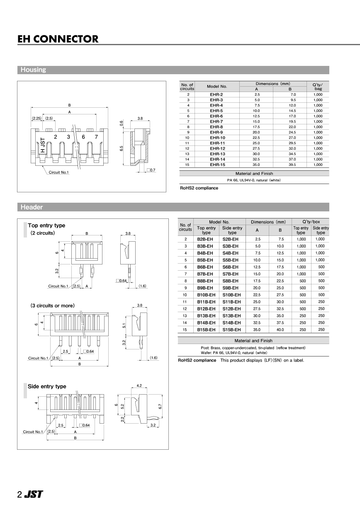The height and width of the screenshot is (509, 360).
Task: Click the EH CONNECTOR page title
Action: pos(58,39)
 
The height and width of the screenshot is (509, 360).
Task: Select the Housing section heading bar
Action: pos(173,70)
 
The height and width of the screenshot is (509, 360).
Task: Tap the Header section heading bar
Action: pos(173,207)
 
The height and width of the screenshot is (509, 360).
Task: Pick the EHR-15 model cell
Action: pos(217,165)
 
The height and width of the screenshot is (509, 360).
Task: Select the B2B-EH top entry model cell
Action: pos(206,239)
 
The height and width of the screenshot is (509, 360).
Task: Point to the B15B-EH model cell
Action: pos(206,330)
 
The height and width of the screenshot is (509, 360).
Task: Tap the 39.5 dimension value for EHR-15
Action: pos(292,165)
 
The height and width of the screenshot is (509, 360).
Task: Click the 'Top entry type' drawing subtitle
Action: pos(46,225)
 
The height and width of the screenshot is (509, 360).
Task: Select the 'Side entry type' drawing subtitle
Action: pos(47,386)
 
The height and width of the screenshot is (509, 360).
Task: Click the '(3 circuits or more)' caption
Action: pos(52,305)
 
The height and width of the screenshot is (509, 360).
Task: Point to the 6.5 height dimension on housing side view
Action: pos(121,148)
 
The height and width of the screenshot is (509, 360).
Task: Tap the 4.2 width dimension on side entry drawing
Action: pos(139,385)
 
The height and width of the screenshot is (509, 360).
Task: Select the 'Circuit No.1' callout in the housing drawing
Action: pos(58,172)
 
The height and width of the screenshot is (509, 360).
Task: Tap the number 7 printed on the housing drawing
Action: pos(96,137)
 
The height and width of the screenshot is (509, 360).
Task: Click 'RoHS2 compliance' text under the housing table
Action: pos(199,188)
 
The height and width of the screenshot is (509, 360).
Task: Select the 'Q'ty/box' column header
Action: pos(311,222)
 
